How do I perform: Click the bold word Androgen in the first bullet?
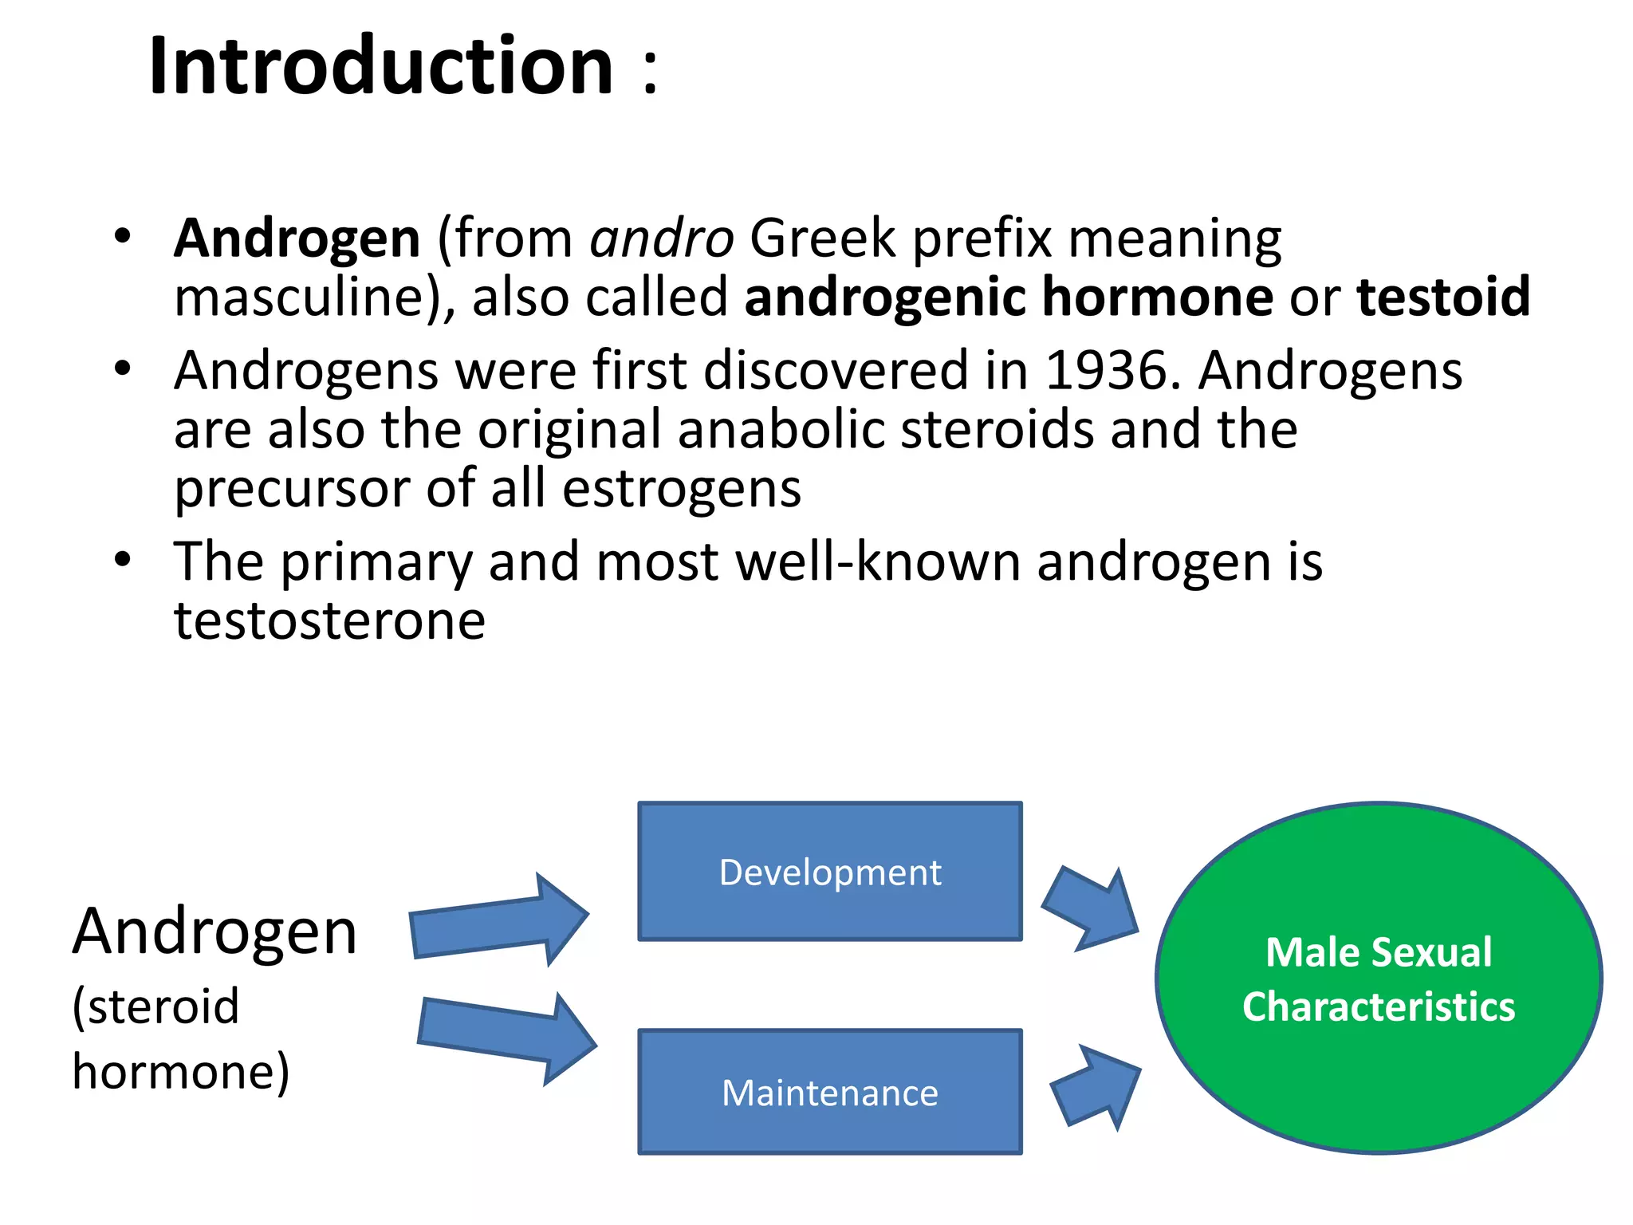[297, 238]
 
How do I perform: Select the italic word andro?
[661, 238]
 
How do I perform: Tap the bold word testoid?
[1443, 297]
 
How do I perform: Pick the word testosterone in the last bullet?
[329, 620]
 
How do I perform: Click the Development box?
[829, 872]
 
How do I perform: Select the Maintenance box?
[829, 1092]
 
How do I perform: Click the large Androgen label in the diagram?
[214, 932]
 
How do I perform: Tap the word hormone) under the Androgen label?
[181, 1071]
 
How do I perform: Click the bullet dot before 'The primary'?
[122, 559]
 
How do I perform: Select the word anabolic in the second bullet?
[781, 430]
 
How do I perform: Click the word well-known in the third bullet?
[878, 562]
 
